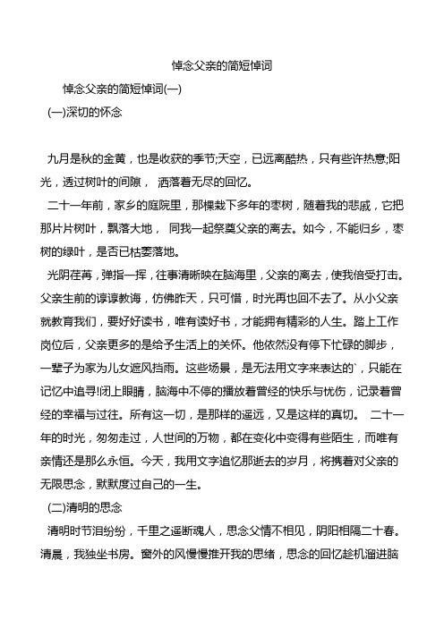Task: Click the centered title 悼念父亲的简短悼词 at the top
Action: tap(221, 66)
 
